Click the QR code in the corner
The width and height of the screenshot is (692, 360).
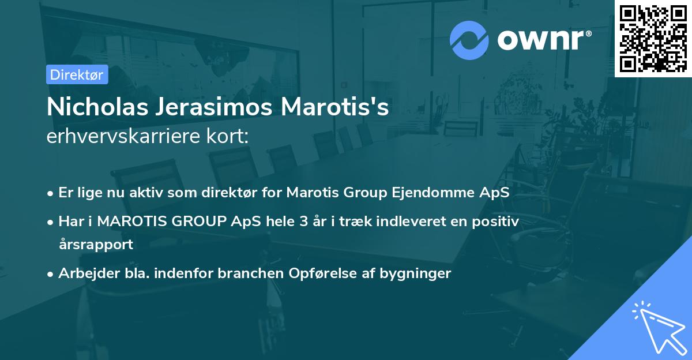point(653,38)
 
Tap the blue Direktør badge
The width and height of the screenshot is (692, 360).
point(77,74)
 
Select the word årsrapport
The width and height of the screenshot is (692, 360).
point(96,244)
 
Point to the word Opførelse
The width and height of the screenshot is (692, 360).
point(325,273)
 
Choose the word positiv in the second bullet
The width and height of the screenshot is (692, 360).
point(500,221)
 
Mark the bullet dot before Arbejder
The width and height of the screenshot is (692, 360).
point(51,274)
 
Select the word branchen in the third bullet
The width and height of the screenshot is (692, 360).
point(249,273)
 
